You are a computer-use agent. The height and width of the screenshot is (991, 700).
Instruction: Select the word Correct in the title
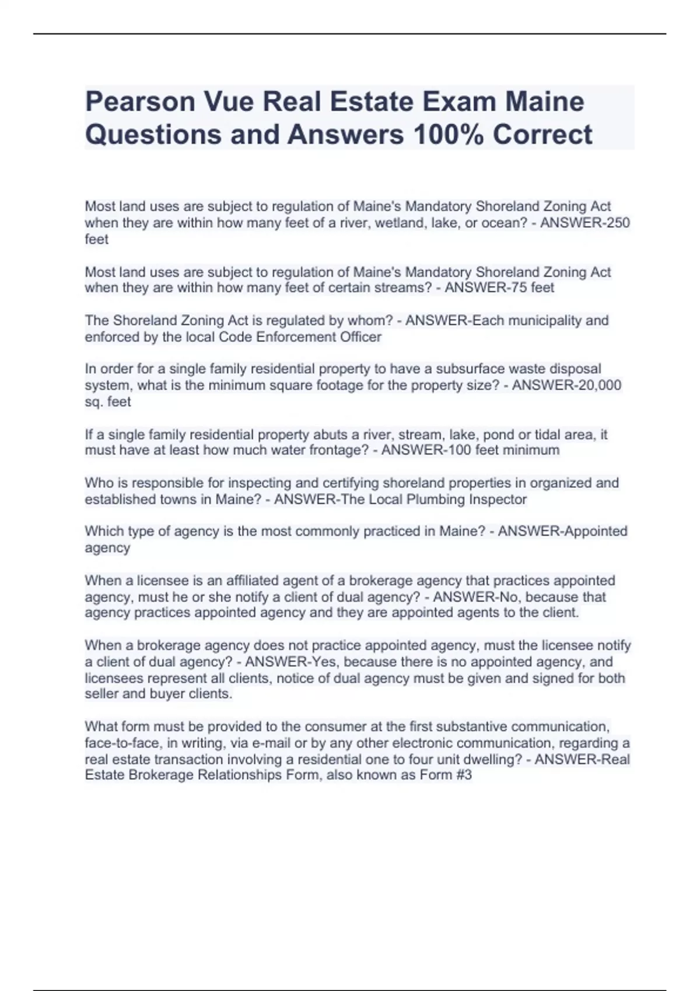pyautogui.click(x=542, y=135)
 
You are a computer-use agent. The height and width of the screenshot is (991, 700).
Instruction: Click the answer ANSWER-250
pyautogui.click(x=585, y=223)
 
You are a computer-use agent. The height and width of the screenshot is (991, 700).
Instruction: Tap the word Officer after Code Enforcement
pyautogui.click(x=360, y=337)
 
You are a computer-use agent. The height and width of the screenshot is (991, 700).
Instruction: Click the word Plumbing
pyautogui.click(x=436, y=500)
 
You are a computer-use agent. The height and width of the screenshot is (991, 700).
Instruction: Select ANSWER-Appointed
pyautogui.click(x=562, y=532)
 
